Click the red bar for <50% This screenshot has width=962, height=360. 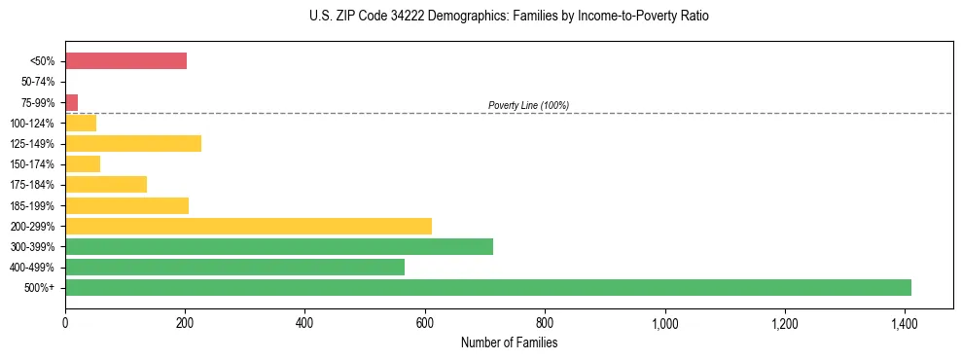tap(125, 61)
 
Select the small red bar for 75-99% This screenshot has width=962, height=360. tap(71, 102)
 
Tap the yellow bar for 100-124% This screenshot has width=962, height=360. tap(81, 123)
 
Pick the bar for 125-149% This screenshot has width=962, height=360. tap(133, 144)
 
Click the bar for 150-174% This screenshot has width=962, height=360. tap(83, 164)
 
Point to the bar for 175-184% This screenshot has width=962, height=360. tap(106, 185)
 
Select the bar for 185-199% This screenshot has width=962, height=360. tap(126, 205)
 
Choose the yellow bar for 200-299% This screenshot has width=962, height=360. tap(248, 226)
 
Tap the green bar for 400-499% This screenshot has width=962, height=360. tap(234, 267)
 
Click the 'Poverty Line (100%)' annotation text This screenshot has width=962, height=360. tap(528, 105)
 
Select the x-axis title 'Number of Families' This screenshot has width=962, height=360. tap(509, 342)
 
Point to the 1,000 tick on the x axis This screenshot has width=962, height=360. tap(664, 322)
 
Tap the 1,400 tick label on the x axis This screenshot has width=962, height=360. tap(905, 322)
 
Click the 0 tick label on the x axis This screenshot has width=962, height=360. tap(65, 322)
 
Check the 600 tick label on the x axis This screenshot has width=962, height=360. tap(425, 322)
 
